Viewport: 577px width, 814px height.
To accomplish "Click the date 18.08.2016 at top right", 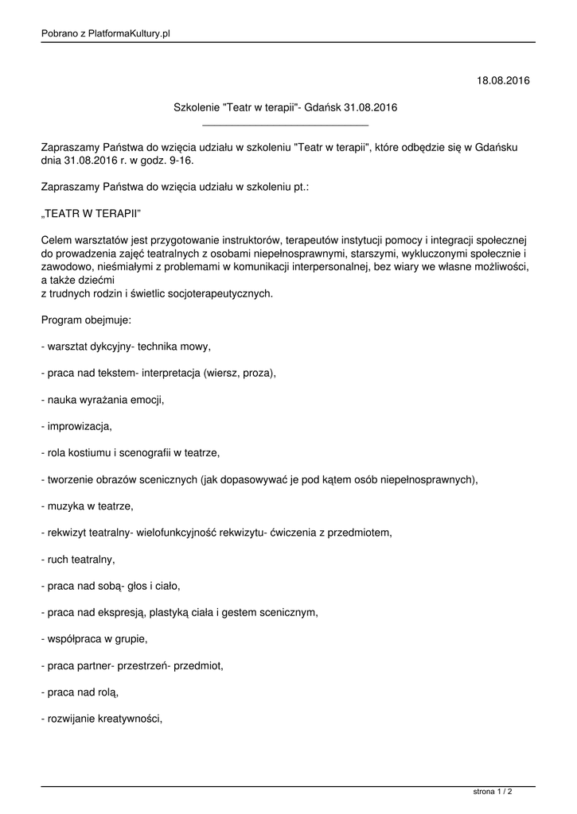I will tap(503, 80).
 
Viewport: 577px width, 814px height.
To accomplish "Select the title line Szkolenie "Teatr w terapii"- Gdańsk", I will tap(286, 107).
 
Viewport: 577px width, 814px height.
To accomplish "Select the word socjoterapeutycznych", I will tap(220, 293).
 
